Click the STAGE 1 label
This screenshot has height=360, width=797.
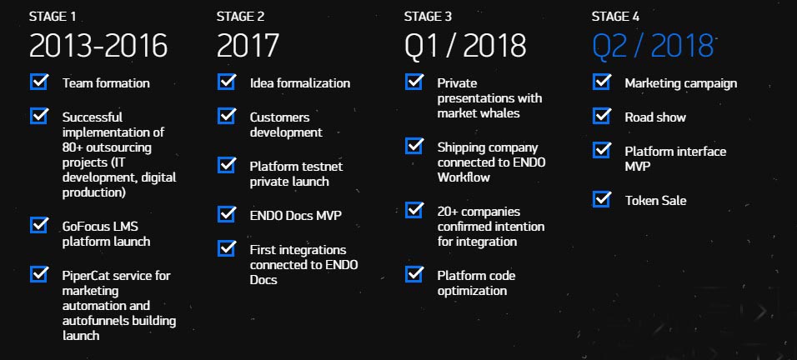[53, 17]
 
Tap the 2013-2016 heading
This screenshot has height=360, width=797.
[98, 46]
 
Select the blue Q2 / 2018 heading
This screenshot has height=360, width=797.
[653, 46]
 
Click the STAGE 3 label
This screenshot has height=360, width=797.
[428, 17]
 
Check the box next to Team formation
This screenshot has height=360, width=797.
[39, 82]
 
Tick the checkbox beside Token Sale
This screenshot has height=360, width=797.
[602, 199]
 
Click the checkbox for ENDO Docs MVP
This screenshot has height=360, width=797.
[227, 214]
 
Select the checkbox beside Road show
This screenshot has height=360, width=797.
[602, 116]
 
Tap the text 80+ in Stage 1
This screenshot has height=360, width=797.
[73, 147]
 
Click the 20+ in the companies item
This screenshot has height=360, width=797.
[448, 212]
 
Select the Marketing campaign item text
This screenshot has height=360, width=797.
[680, 84]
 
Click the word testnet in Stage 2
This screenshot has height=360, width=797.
[323, 167]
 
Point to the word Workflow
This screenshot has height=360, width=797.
[464, 177]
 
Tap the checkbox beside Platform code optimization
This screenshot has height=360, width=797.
[414, 274]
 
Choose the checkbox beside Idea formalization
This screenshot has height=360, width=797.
[227, 82]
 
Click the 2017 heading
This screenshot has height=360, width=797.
[248, 46]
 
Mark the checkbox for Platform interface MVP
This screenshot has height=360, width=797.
[602, 150]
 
